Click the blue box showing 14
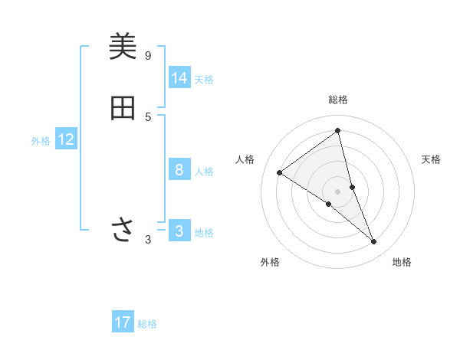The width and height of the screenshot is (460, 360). click(179, 78)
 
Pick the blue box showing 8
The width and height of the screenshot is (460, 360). click(179, 170)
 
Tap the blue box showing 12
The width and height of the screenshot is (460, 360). click(66, 139)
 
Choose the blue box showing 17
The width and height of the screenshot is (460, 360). click(123, 322)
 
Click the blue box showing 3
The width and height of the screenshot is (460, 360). click(179, 231)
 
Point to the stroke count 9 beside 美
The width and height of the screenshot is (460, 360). click(148, 56)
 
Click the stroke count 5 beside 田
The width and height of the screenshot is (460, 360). click(148, 116)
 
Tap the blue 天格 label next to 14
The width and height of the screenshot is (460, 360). click(204, 80)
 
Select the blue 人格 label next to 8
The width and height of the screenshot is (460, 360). click(204, 172)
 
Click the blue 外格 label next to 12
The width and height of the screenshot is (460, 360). click(41, 141)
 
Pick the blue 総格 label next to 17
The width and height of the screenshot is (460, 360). click(147, 324)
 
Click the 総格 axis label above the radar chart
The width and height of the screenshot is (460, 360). click(338, 100)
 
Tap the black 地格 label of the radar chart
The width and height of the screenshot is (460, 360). click(402, 262)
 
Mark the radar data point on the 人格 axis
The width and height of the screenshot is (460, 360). click(280, 172)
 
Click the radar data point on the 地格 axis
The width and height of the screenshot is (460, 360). click(374, 242)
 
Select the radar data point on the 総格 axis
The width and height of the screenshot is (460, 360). click(338, 130)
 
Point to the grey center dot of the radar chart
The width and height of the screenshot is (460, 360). click(338, 191)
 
